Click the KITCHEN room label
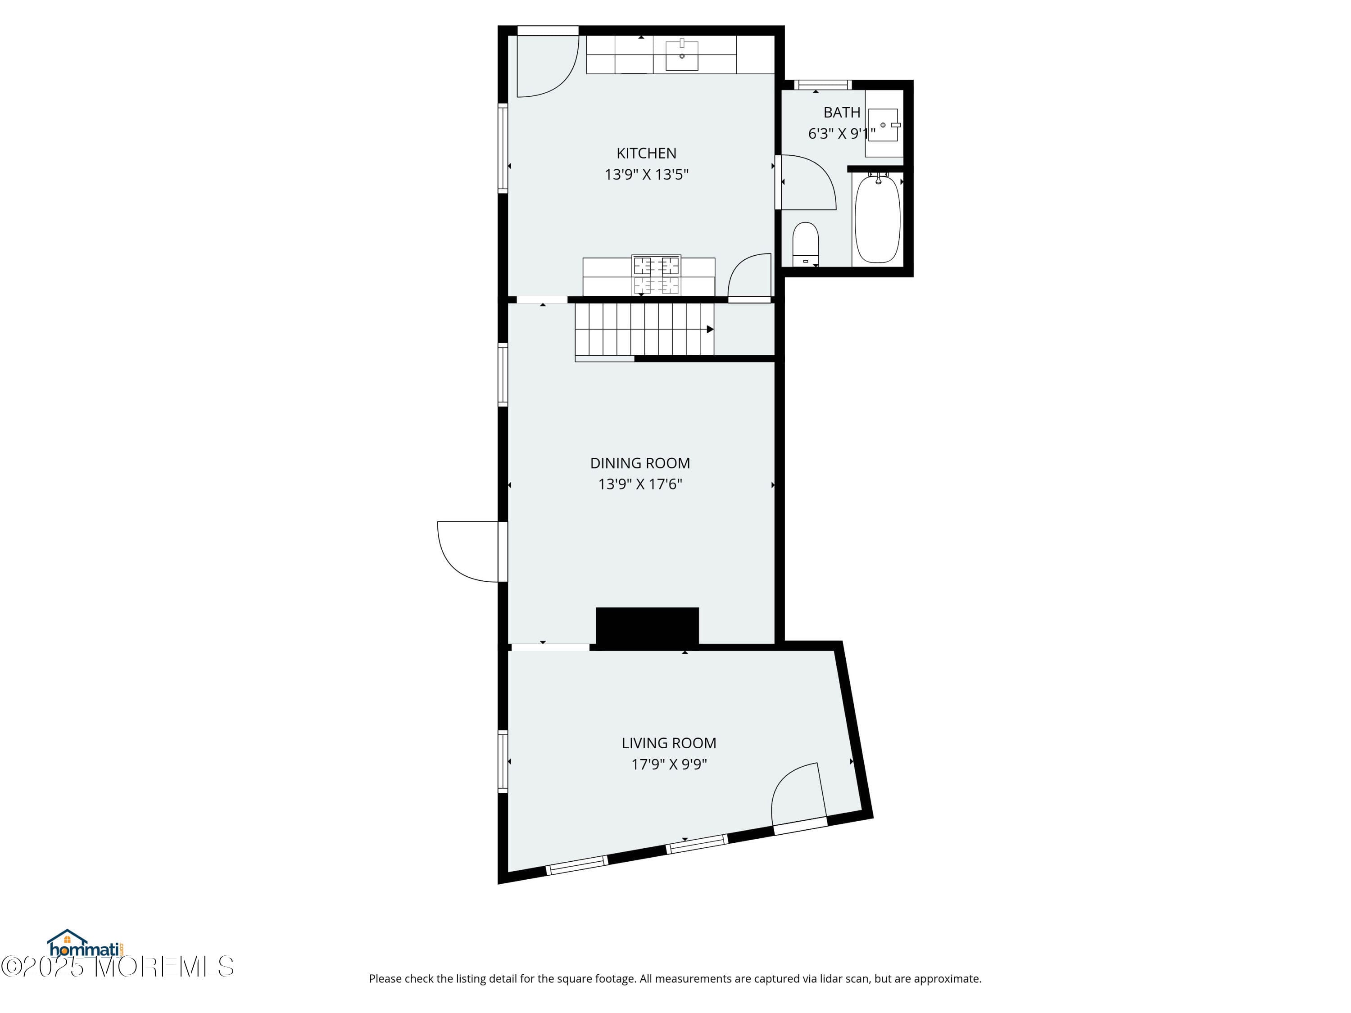[x=646, y=153]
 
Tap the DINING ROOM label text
[x=640, y=463]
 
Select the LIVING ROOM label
[x=669, y=743]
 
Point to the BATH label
[x=842, y=113]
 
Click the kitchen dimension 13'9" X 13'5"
[x=646, y=175]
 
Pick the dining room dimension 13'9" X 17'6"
[x=640, y=484]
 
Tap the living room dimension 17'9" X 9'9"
[x=669, y=764]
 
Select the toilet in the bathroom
[x=806, y=244]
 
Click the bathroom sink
[x=883, y=125]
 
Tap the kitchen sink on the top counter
[x=682, y=55]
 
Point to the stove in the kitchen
[x=656, y=275]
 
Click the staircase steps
[x=644, y=329]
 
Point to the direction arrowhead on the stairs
[x=710, y=330]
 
